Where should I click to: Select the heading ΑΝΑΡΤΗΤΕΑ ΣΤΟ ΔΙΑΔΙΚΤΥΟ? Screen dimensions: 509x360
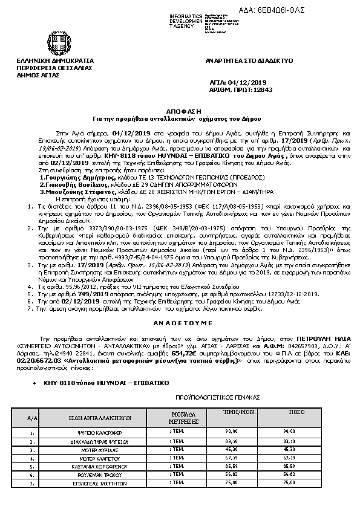(x=249, y=61)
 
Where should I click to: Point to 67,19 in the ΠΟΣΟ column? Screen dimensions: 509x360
(x=289, y=459)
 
